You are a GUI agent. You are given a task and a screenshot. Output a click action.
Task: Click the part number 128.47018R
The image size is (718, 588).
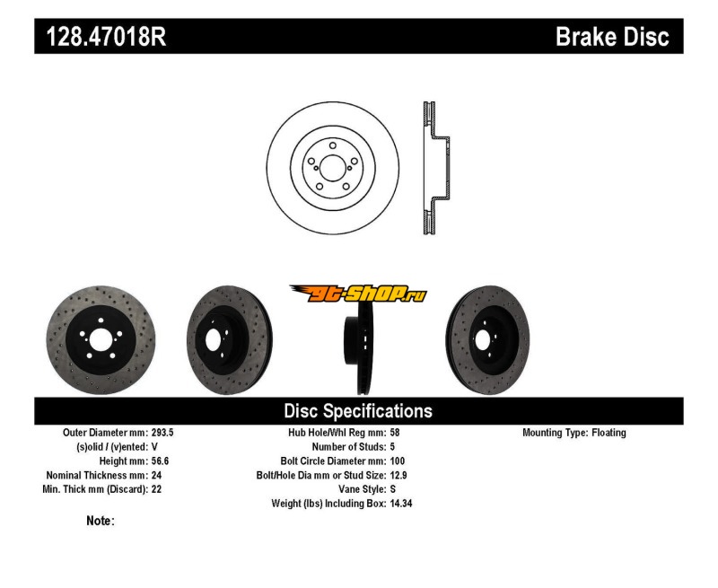pos(101,37)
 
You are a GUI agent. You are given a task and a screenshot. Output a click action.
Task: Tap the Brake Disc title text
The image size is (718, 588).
pos(612,37)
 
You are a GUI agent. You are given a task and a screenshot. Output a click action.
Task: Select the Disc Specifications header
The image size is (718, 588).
pos(358,411)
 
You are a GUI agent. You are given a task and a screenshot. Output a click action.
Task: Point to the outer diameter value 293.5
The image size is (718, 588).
pos(162,433)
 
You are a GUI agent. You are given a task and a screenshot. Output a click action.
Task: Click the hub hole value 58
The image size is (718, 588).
pos(396,433)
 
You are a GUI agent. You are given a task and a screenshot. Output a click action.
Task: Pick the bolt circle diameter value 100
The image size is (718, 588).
pos(398,461)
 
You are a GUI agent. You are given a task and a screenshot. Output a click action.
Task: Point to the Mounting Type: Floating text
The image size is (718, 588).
pos(574,433)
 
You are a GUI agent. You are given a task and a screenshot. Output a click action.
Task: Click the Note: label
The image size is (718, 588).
pos(101,521)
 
